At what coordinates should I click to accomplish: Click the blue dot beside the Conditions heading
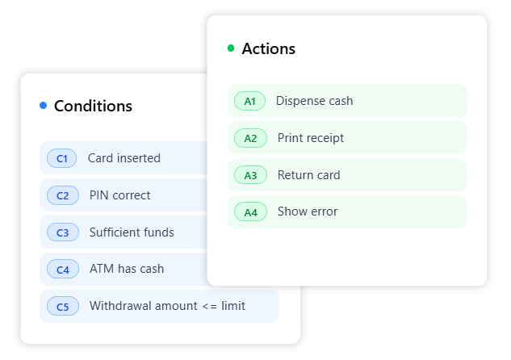(43, 106)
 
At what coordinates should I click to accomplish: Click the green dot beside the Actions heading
(231, 48)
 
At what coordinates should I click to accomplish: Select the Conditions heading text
(93, 106)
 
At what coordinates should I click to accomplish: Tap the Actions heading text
(268, 48)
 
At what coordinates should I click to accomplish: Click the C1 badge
(62, 158)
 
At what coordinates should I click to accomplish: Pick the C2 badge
(63, 195)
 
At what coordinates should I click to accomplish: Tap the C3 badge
(63, 232)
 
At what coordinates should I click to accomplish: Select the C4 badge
(63, 269)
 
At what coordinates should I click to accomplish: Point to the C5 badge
(63, 306)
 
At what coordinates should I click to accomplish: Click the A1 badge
(250, 101)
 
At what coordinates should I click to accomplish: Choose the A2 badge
(250, 138)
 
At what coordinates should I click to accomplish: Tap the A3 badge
(250, 175)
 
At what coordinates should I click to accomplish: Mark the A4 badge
(250, 212)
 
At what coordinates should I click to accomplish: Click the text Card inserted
(124, 158)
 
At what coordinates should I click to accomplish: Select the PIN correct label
(119, 195)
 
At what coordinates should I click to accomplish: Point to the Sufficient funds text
(132, 232)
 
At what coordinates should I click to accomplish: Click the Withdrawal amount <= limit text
(167, 306)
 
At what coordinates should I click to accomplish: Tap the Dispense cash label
(314, 101)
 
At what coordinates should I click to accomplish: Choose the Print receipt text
(311, 138)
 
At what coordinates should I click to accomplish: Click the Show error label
(308, 211)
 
